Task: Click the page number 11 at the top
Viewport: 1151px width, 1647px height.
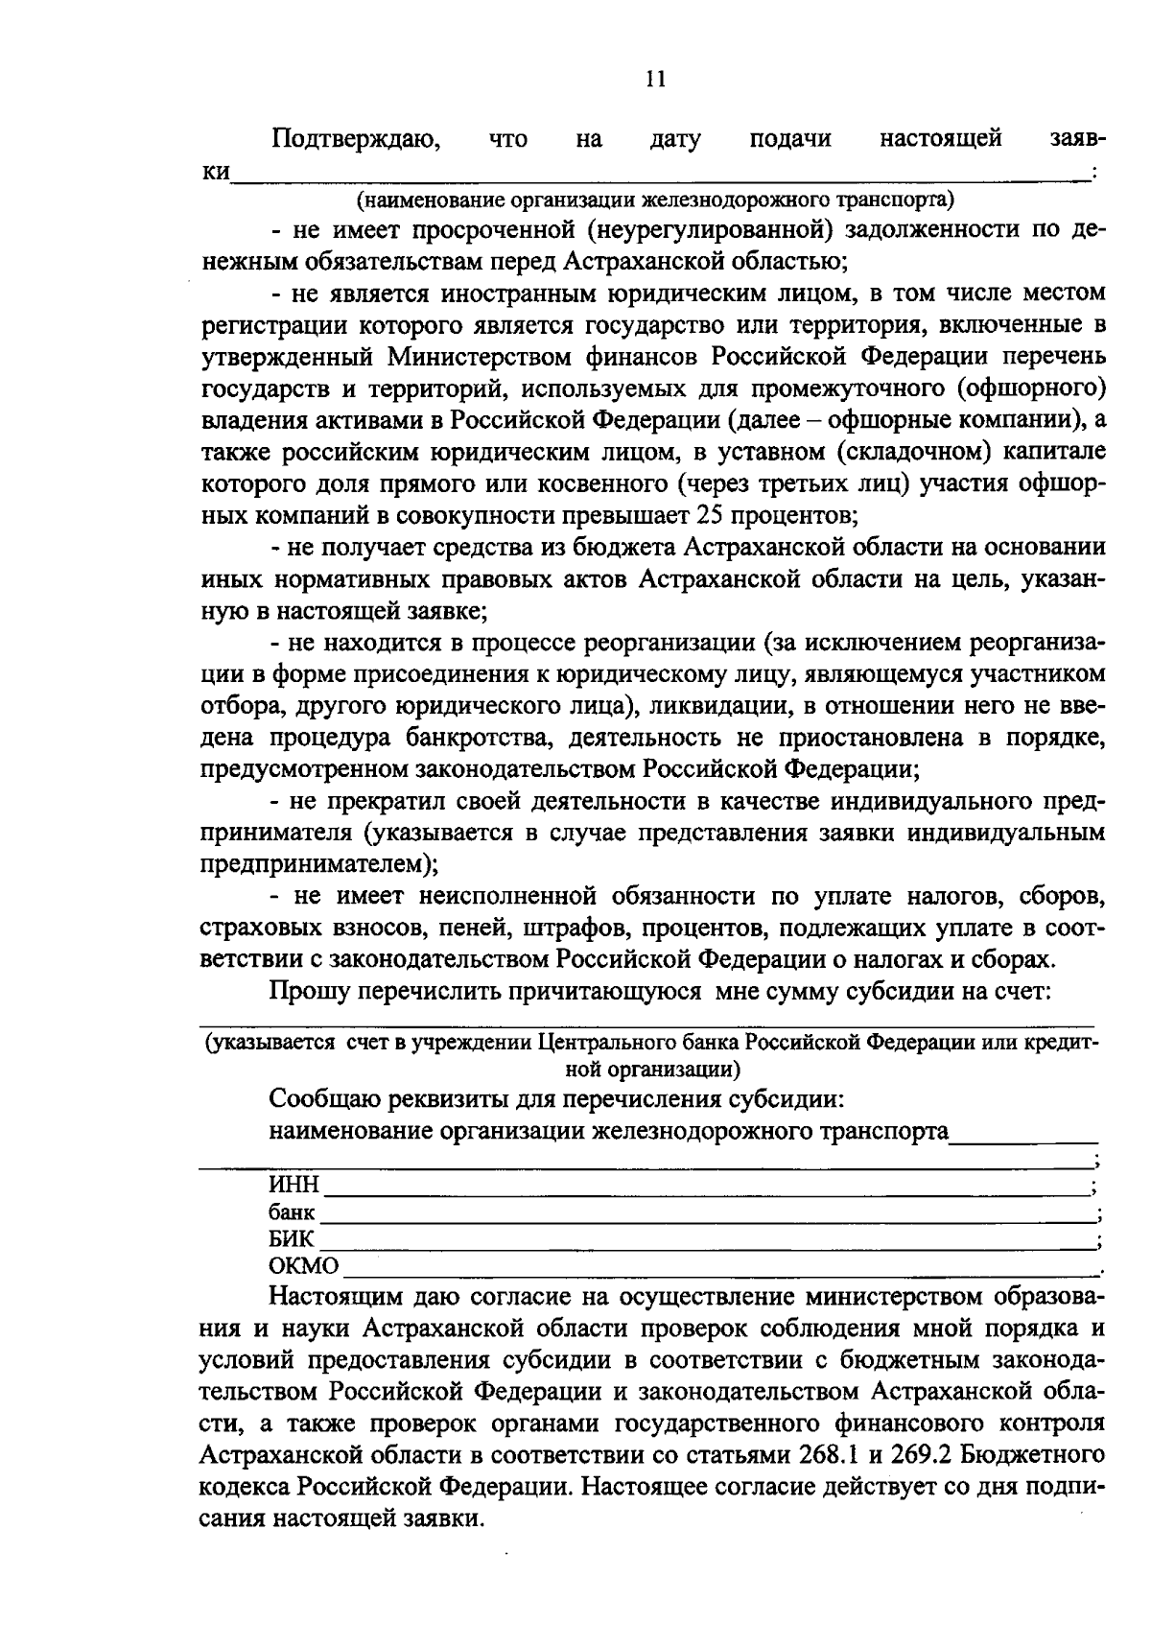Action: (655, 80)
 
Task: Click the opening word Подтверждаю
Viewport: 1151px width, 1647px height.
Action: (356, 140)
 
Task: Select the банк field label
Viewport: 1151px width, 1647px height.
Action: (292, 1212)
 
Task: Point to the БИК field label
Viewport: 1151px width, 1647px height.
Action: (291, 1239)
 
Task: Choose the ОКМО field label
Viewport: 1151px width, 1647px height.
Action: (303, 1267)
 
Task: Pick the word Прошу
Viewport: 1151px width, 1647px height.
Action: (309, 991)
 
